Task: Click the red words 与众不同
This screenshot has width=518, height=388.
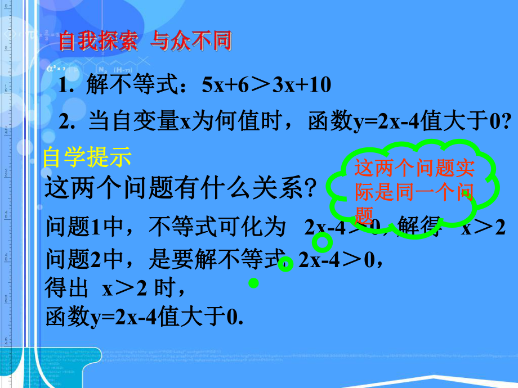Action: (x=192, y=43)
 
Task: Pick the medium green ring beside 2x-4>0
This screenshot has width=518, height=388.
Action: (x=286, y=264)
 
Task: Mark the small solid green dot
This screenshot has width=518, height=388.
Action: (x=253, y=284)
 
